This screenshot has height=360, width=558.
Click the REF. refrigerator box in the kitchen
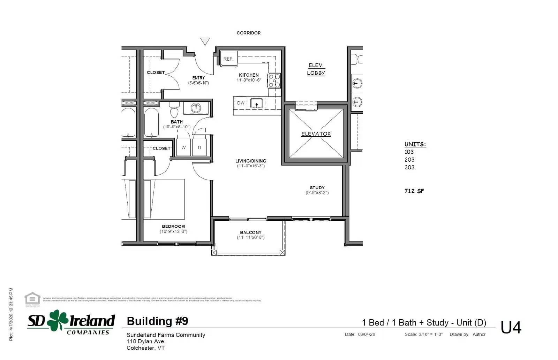pyautogui.click(x=228, y=59)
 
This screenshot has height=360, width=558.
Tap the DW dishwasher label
pyautogui.click(x=241, y=103)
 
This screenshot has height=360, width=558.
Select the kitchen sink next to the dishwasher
pyautogui.click(x=256, y=103)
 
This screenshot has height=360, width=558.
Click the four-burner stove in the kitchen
pyautogui.click(x=274, y=81)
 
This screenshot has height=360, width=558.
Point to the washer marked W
pyautogui.click(x=183, y=147)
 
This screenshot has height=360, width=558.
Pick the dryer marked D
pyautogui.click(x=199, y=147)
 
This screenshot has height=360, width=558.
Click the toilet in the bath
pyautogui.click(x=174, y=110)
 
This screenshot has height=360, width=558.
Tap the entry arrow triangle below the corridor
pyautogui.click(x=205, y=41)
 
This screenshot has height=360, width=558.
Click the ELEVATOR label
pyautogui.click(x=316, y=134)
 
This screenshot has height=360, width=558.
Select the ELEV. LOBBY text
pyautogui.click(x=316, y=69)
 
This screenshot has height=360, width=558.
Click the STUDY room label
pyautogui.click(x=317, y=187)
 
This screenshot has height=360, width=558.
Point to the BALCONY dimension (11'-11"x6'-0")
pyautogui.click(x=251, y=238)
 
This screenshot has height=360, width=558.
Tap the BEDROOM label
pyautogui.click(x=173, y=226)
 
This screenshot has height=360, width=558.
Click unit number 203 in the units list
pyautogui.click(x=409, y=160)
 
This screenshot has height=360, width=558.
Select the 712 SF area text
pyautogui.click(x=414, y=191)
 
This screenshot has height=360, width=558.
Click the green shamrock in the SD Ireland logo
pyautogui.click(x=58, y=320)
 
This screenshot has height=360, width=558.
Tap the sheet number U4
pyautogui.click(x=511, y=328)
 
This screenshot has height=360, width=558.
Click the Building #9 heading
pyautogui.click(x=157, y=321)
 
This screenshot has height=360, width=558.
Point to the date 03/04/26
pyautogui.click(x=367, y=335)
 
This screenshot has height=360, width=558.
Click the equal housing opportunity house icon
pyautogui.click(x=32, y=299)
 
